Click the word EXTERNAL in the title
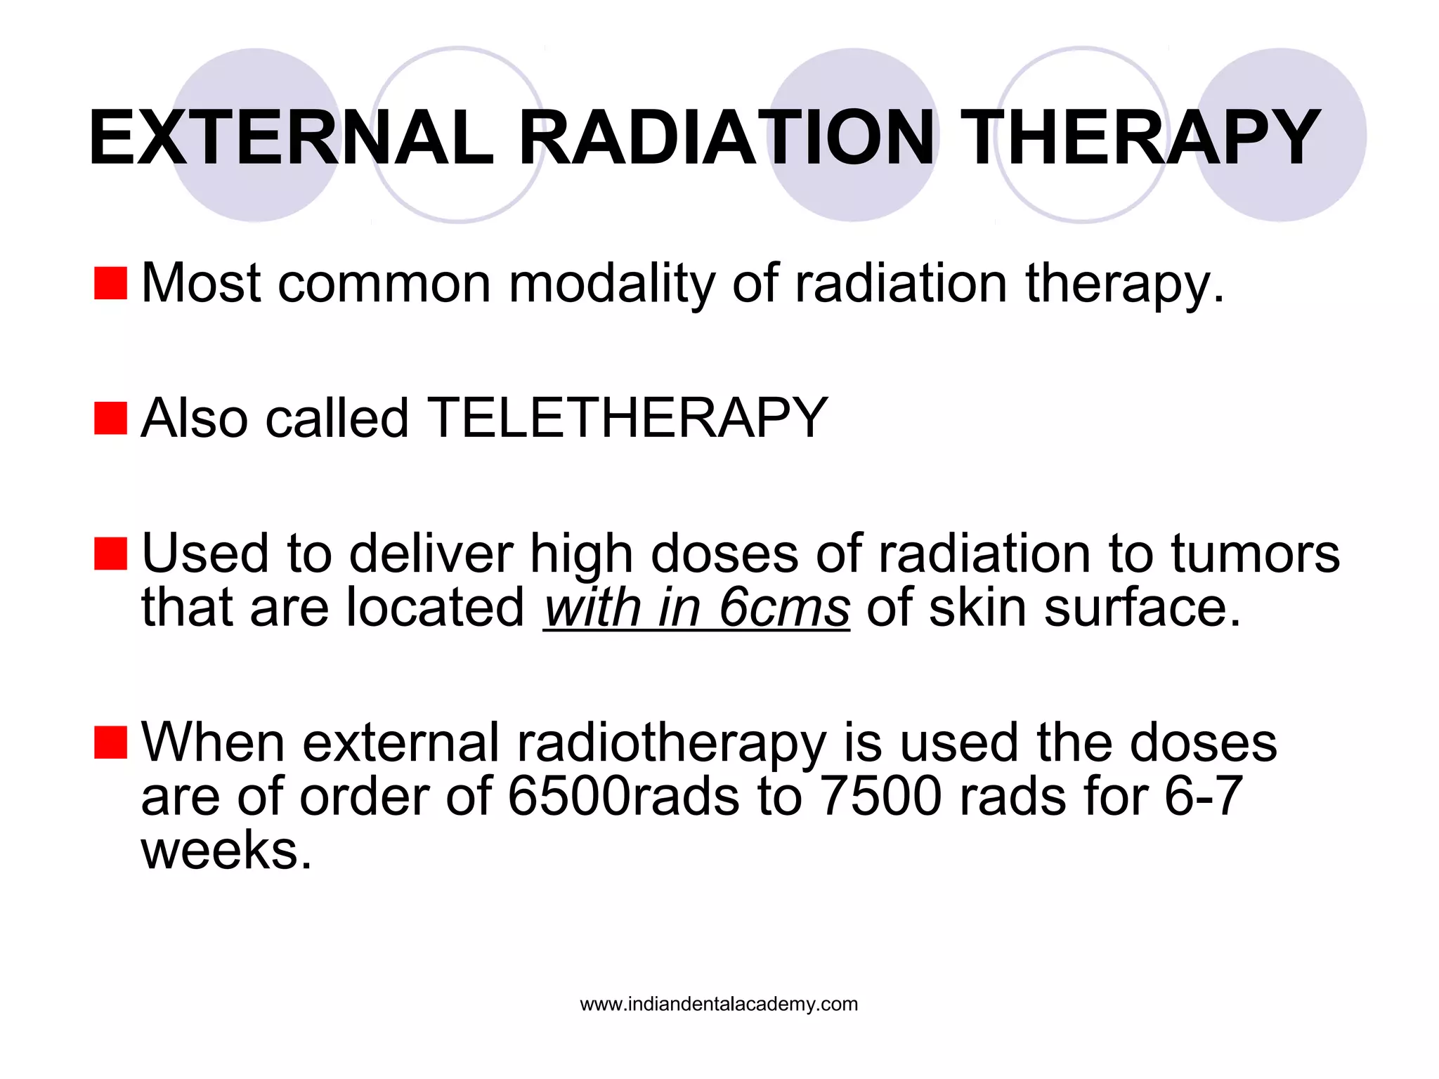click(x=291, y=138)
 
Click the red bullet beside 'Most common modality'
click(x=110, y=283)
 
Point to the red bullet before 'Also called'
click(x=110, y=419)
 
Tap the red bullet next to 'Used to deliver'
click(x=110, y=554)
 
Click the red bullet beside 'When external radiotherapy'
click(x=110, y=743)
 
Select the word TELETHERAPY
click(x=627, y=419)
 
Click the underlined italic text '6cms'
click(x=784, y=607)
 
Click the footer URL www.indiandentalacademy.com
click(x=719, y=1004)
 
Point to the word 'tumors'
click(x=1255, y=554)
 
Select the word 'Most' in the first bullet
click(x=202, y=283)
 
